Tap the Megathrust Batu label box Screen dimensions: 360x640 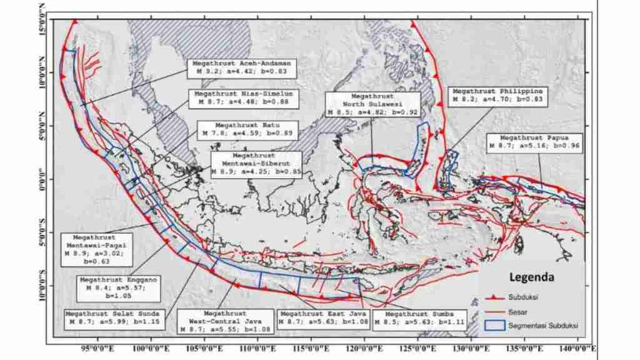247,129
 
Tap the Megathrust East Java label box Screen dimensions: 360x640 322,317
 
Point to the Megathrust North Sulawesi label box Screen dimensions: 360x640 372,104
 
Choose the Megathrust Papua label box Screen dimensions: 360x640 535,142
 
